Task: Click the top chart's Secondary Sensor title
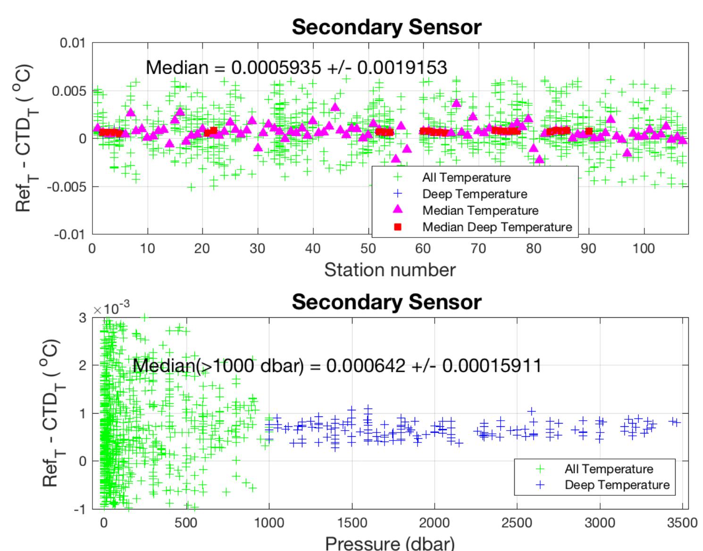(x=386, y=27)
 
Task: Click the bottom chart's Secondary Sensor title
(x=386, y=302)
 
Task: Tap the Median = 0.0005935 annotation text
(x=296, y=68)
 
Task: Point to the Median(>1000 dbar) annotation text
(x=337, y=365)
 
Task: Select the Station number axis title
(x=390, y=270)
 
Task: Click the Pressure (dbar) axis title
(x=390, y=543)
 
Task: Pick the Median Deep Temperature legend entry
(x=497, y=227)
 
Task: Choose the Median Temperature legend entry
(x=480, y=211)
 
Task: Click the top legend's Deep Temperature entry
(x=474, y=194)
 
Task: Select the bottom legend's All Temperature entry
(x=609, y=469)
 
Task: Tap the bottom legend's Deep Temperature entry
(x=617, y=485)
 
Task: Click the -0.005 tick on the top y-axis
(x=69, y=186)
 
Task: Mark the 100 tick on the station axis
(x=644, y=248)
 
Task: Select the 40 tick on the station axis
(x=312, y=248)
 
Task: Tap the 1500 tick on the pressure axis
(x=352, y=523)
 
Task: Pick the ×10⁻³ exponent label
(x=111, y=309)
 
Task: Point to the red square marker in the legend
(x=398, y=227)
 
